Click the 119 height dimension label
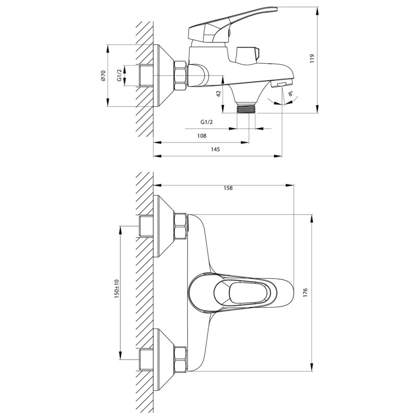point(312,59)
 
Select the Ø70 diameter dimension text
point(104,76)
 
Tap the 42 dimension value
point(218,94)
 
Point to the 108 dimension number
point(202,136)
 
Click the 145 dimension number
point(215,149)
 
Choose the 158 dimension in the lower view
point(228,188)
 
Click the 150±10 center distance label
point(116,289)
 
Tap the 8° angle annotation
point(291,94)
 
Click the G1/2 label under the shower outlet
point(207,122)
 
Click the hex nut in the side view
point(180,76)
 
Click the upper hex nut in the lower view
point(180,226)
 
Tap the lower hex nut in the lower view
point(180,359)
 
